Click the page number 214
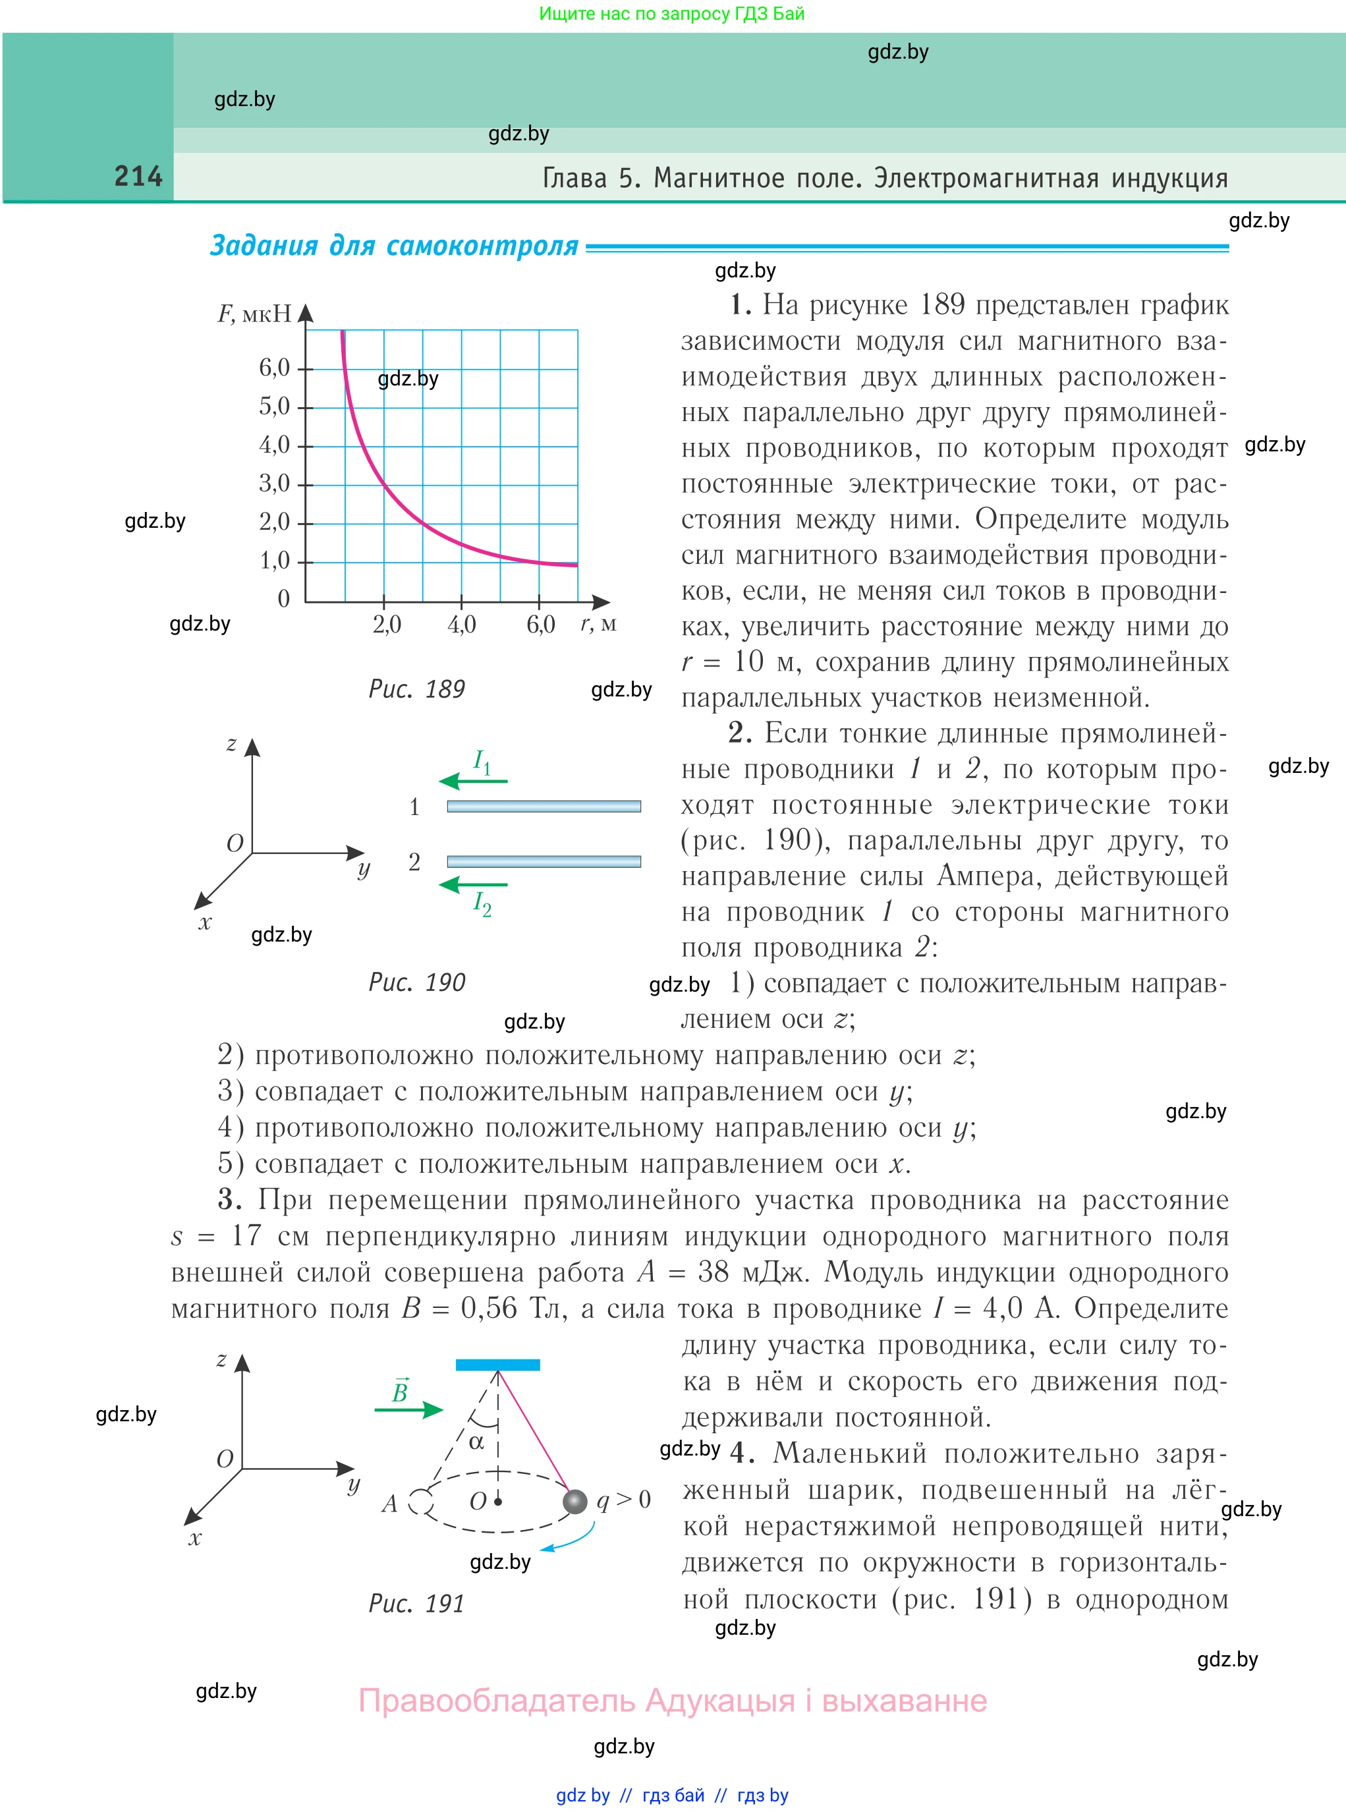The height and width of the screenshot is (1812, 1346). (x=138, y=176)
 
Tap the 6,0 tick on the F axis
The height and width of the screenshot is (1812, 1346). (x=275, y=368)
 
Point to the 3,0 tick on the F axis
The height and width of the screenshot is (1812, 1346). (x=275, y=484)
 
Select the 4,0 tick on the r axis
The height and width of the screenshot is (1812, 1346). (x=461, y=625)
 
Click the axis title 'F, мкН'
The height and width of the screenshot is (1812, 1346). (x=254, y=314)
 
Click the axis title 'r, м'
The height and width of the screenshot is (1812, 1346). (x=598, y=624)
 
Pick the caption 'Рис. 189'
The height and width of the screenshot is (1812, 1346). (x=416, y=689)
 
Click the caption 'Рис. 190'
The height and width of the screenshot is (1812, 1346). (x=416, y=982)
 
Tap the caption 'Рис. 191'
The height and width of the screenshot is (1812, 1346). (x=416, y=1603)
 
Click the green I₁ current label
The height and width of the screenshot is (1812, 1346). (x=482, y=762)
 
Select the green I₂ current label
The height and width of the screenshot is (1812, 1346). (x=482, y=903)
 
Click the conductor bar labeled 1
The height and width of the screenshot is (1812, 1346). (x=544, y=806)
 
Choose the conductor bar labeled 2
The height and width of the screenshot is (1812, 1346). (x=544, y=861)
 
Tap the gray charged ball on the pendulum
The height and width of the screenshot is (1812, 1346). (x=575, y=1501)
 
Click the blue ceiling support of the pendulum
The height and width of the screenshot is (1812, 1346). (x=497, y=1365)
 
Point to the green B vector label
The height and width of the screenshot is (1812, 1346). (x=400, y=1391)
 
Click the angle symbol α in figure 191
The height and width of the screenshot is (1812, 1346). (x=476, y=1442)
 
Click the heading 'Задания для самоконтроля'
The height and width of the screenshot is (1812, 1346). (x=395, y=245)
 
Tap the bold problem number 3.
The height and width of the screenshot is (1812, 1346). (x=229, y=1200)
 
